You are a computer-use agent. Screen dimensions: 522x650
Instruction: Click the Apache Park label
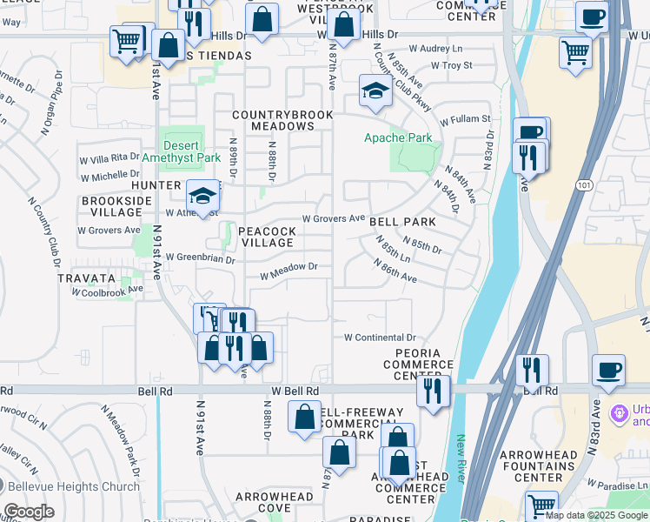[x=398, y=138]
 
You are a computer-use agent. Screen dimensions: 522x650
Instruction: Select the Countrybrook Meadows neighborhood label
[x=273, y=120]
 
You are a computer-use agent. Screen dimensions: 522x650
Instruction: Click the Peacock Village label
[x=267, y=237]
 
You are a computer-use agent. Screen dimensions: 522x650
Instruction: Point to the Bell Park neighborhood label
[x=402, y=222]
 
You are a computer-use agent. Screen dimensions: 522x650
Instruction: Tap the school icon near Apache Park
[x=375, y=90]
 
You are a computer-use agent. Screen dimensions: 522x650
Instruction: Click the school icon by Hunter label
[x=202, y=196]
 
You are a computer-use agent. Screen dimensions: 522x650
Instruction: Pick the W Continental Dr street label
[x=381, y=338]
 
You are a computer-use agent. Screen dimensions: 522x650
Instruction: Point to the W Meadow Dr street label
[x=289, y=276]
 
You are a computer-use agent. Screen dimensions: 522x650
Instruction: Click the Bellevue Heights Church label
[x=70, y=486]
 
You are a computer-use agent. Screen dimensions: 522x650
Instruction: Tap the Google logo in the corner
[x=29, y=512]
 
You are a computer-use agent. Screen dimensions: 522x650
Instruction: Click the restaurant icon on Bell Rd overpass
[x=531, y=369]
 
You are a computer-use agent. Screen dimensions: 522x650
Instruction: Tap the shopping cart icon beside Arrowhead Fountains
[x=541, y=505]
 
